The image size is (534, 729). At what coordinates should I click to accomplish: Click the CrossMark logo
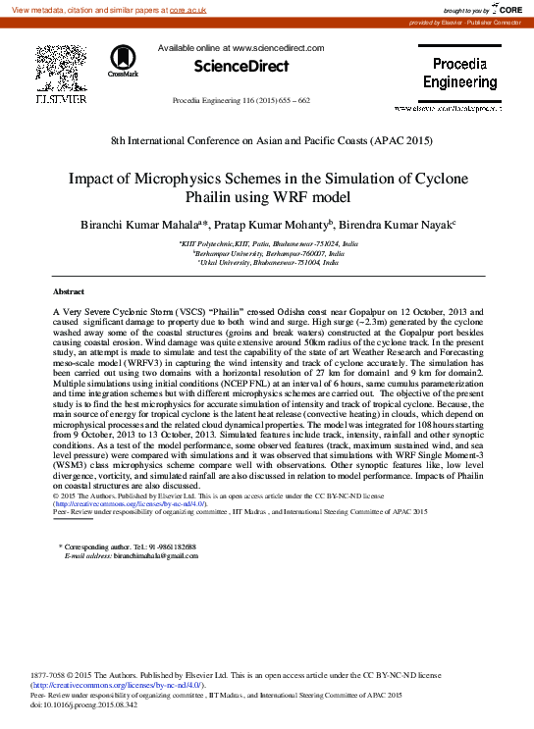pyautogui.click(x=124, y=61)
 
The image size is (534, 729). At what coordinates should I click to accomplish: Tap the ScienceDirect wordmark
pyautogui.click(x=241, y=67)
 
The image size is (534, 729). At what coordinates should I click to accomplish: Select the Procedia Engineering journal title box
pyautogui.click(x=459, y=74)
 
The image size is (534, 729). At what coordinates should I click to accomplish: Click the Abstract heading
pyautogui.click(x=68, y=292)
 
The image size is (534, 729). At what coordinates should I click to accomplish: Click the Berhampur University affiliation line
pyautogui.click(x=266, y=252)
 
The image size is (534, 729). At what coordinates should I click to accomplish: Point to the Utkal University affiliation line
pyautogui.click(x=266, y=262)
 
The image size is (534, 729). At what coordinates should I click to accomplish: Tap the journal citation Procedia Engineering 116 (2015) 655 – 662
pyautogui.click(x=240, y=101)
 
